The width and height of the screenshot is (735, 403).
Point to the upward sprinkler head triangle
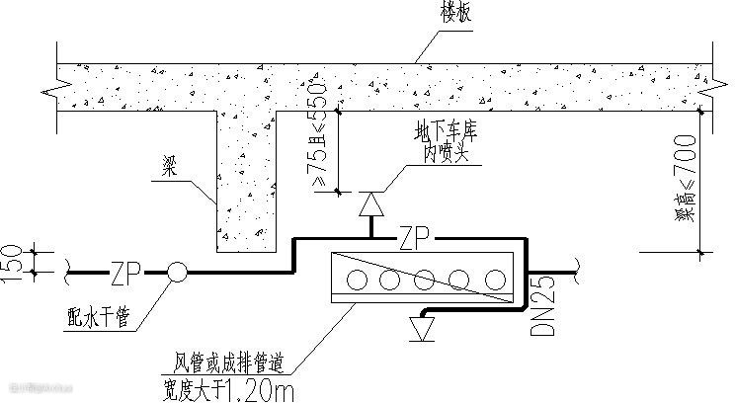370,203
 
